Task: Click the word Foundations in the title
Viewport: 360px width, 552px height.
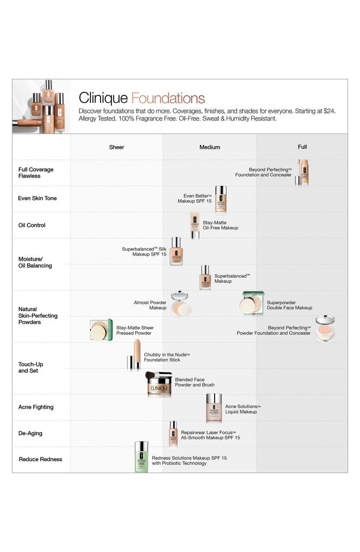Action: tap(168, 98)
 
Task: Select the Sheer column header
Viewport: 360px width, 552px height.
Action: tap(117, 147)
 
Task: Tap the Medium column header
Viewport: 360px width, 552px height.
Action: tap(210, 147)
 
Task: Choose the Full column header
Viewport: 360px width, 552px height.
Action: tap(302, 147)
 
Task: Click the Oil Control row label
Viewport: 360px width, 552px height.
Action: tap(32, 225)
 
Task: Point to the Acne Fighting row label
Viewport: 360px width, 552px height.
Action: tap(36, 407)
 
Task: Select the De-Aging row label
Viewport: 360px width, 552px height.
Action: tap(30, 433)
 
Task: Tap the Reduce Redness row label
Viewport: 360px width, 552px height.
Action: tap(40, 459)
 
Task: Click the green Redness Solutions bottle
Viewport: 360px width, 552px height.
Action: tap(142, 456)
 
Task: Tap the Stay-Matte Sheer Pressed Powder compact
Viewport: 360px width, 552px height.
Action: tap(102, 330)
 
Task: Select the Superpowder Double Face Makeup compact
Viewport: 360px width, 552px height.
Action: tap(253, 303)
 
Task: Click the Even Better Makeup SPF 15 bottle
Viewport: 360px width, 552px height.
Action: tap(221, 199)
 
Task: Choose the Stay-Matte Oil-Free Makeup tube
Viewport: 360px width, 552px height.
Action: tap(195, 225)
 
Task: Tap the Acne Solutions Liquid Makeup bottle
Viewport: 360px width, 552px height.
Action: tap(214, 408)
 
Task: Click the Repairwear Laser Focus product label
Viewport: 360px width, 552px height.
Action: tap(210, 435)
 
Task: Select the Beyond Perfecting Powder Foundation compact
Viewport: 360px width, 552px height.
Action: tap(325, 329)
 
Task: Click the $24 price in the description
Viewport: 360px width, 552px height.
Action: tap(329, 111)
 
